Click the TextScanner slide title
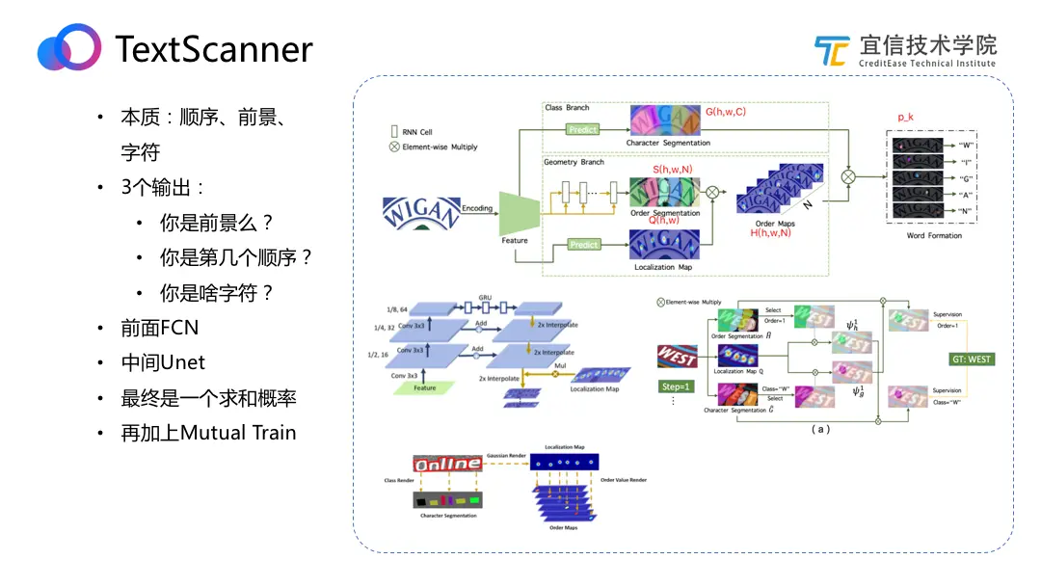pos(213,49)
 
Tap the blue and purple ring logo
pos(69,47)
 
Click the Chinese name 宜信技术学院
pos(927,44)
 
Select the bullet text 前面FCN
pos(159,328)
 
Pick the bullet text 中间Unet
pos(163,362)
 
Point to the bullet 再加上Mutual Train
pos(208,433)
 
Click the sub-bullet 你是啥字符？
pos(217,293)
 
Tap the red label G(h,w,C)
pos(725,112)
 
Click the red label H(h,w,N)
pos(776,233)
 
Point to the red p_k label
pos(905,117)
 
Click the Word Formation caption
pos(934,236)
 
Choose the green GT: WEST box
pos(966,360)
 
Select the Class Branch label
pos(567,108)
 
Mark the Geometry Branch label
pos(574,162)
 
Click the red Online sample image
pos(446,464)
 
